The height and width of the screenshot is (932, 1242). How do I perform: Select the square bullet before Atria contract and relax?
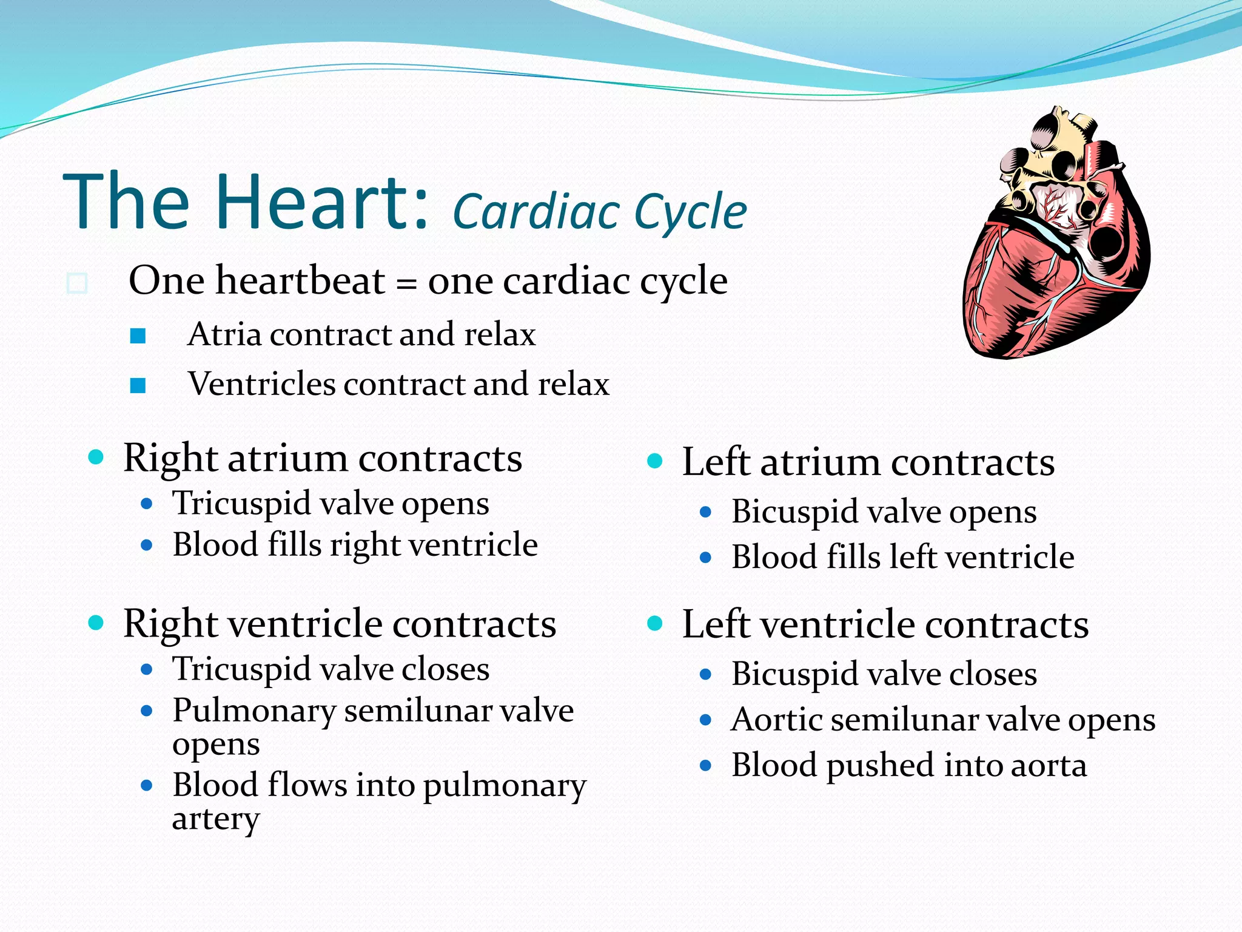click(138, 336)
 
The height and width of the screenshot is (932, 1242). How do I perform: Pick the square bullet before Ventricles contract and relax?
click(138, 385)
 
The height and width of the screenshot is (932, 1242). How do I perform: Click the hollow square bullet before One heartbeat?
click(77, 283)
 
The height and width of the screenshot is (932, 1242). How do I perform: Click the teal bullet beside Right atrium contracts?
click(96, 457)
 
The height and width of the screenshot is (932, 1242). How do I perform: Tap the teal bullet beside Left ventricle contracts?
click(654, 623)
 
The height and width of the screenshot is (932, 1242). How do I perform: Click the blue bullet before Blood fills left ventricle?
click(705, 557)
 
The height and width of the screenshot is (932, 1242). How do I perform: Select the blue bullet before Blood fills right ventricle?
click(146, 545)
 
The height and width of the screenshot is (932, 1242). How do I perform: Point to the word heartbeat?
click(300, 281)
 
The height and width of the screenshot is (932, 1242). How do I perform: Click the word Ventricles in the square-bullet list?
click(261, 385)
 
